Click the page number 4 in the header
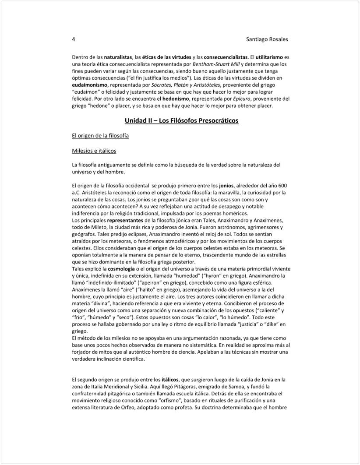click(74, 39)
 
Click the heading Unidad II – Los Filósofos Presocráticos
click(181, 120)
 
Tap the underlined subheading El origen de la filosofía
click(100, 136)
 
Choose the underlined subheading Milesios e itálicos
click(94, 151)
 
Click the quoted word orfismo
click(162, 401)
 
